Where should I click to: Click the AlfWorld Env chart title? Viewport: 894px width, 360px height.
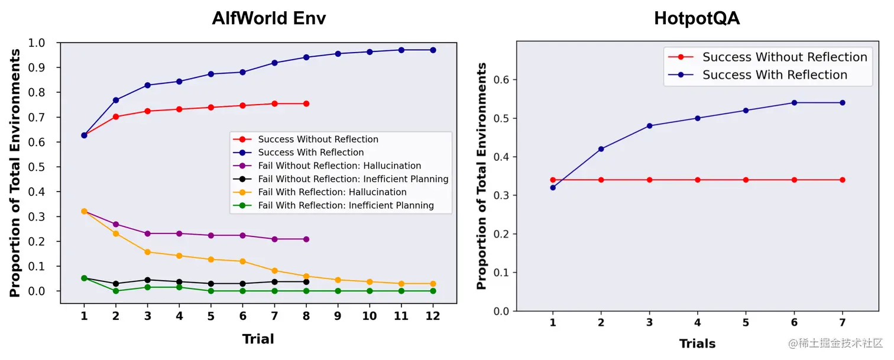pyautogui.click(x=268, y=18)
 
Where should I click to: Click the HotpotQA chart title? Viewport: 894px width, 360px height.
pyautogui.click(x=697, y=18)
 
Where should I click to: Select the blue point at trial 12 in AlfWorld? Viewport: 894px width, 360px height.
pyautogui.click(x=433, y=50)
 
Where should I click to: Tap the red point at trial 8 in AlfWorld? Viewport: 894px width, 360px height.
pyautogui.click(x=306, y=103)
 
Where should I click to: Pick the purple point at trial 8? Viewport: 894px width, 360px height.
pyautogui.click(x=306, y=239)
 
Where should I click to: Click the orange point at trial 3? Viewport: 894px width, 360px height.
pyautogui.click(x=147, y=252)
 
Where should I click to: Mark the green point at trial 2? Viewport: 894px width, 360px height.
pyautogui.click(x=116, y=291)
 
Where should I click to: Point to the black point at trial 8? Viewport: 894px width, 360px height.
pyautogui.click(x=306, y=282)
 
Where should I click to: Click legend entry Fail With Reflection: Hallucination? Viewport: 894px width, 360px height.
pyautogui.click(x=332, y=192)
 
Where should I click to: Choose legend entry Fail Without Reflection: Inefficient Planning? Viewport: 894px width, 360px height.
pyautogui.click(x=353, y=179)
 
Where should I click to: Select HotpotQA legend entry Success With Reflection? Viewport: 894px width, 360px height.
pyautogui.click(x=775, y=75)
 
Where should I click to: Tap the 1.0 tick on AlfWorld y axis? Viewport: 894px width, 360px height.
pyautogui.click(x=37, y=43)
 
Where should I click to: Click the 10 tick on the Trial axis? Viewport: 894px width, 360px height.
pyautogui.click(x=369, y=317)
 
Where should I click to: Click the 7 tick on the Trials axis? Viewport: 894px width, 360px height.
pyautogui.click(x=842, y=323)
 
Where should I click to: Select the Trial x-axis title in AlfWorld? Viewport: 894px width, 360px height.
pyautogui.click(x=258, y=339)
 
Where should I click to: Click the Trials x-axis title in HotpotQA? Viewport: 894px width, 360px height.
pyautogui.click(x=697, y=344)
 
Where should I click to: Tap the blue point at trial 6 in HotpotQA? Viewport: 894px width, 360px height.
pyautogui.click(x=794, y=103)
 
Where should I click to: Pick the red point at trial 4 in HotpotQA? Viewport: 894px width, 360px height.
pyautogui.click(x=698, y=180)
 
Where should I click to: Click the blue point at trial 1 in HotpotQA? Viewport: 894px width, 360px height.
pyautogui.click(x=553, y=187)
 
